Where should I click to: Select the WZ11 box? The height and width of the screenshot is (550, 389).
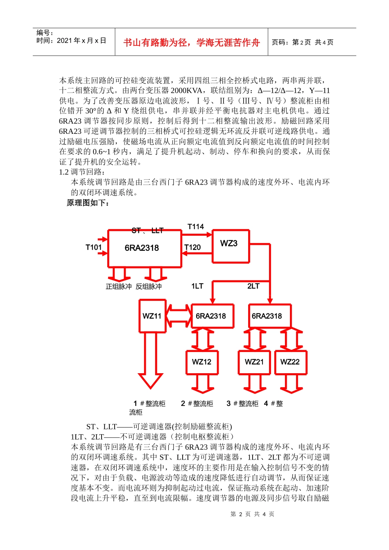pos(152,316)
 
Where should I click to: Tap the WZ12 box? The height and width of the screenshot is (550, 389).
pos(202,362)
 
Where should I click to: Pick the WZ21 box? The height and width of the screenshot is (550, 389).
pos(254,362)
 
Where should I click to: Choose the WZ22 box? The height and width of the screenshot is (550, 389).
pos(290,362)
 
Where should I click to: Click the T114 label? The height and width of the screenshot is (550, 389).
pos(196,227)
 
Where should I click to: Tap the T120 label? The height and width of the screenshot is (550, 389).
pos(193,247)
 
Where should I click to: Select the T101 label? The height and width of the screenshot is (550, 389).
pos(93,247)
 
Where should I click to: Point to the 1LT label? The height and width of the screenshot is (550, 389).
pos(197,286)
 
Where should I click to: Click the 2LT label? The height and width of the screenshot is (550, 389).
pos(253,286)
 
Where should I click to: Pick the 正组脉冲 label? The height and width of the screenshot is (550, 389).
pos(119,286)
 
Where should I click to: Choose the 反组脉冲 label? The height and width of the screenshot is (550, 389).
pos(149,286)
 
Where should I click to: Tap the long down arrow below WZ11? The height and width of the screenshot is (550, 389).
pos(151,360)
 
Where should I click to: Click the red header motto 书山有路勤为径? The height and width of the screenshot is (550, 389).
pos(191,43)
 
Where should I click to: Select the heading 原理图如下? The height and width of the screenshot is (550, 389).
pos(88,203)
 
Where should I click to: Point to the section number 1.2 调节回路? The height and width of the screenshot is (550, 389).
pos(82,172)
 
